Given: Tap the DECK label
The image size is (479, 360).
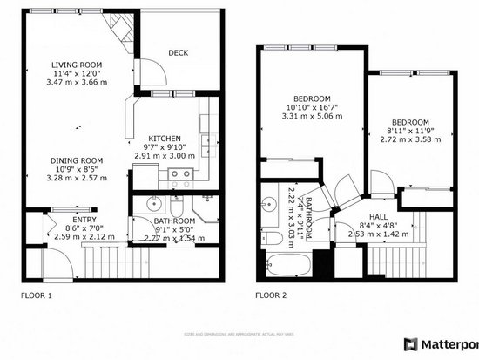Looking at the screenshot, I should [178, 53].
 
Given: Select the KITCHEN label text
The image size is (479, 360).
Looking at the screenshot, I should [164, 139].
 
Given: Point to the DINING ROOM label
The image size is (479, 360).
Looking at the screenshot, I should [77, 160].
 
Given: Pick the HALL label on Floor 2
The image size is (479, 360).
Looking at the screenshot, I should [378, 216].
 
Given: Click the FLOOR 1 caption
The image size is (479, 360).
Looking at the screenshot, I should [36, 295].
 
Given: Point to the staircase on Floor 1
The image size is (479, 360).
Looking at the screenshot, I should [104, 259].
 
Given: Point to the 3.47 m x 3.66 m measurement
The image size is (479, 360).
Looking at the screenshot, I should [77, 80].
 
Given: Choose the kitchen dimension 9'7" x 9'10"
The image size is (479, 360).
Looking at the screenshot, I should [164, 147].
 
